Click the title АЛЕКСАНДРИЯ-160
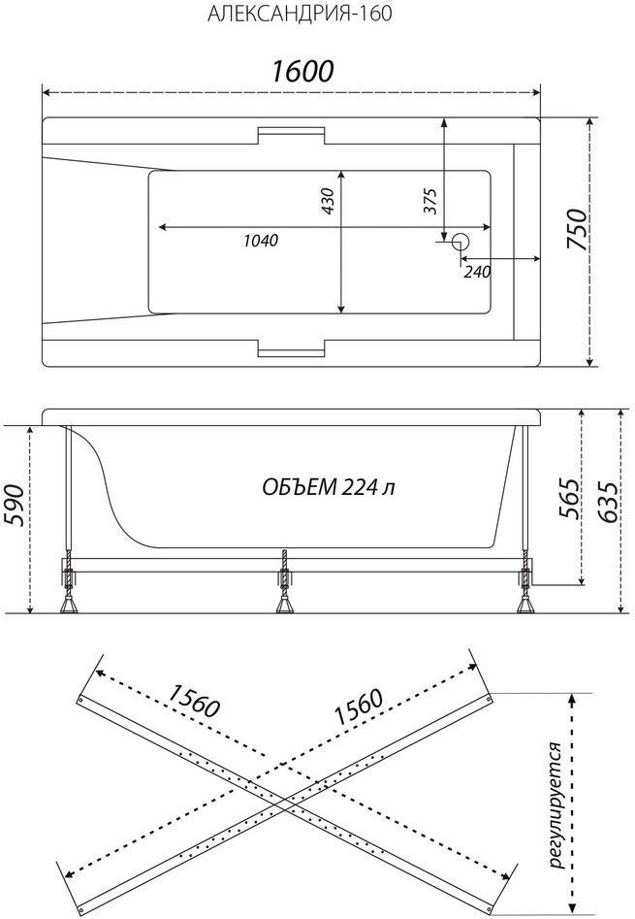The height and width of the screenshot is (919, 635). point(300,14)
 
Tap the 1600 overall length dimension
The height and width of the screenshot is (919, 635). point(302,72)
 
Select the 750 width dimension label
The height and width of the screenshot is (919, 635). point(576,230)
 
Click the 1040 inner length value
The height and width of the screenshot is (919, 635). point(261,241)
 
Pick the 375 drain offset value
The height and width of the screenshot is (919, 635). point(430,202)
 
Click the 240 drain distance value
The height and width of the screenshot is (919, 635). point(477,272)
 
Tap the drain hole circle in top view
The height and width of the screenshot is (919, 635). point(460,241)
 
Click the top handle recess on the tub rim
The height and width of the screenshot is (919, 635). point(291,135)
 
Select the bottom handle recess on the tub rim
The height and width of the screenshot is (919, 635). point(291,347)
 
